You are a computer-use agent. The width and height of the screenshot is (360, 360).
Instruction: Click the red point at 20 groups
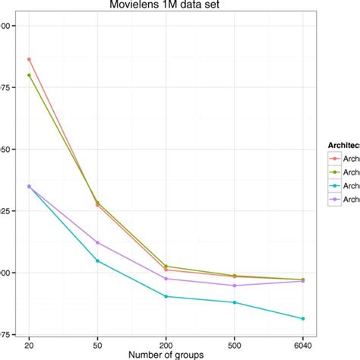pos(29,59)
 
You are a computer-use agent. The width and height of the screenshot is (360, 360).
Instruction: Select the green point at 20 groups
pos(29,75)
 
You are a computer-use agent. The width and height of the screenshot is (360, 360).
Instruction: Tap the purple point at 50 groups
pos(97,242)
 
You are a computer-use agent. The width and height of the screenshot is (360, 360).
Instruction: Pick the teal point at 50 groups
pos(97,261)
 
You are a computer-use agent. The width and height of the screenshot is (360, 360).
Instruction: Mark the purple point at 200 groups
pos(166,279)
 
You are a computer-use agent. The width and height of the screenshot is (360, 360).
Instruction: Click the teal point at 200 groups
pos(166,296)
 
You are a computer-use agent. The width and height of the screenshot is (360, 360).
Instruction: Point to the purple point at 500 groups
pos(234,286)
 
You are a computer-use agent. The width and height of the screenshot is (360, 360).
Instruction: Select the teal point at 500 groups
pos(234,302)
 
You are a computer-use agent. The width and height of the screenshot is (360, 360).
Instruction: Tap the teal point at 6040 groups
pos(302,318)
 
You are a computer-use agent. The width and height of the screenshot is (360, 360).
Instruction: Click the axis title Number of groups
pos(166,354)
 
